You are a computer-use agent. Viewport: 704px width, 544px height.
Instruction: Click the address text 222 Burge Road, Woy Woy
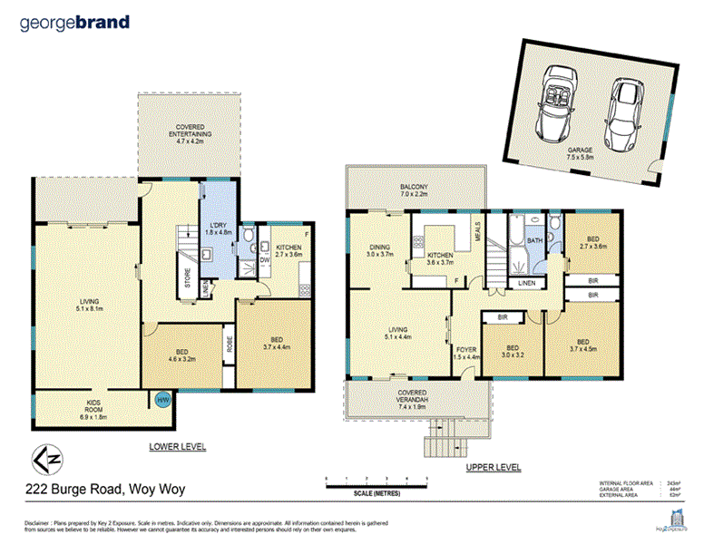104,490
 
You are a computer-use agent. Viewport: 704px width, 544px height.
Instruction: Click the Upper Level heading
493,467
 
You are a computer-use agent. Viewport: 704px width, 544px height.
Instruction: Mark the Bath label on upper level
534,241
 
